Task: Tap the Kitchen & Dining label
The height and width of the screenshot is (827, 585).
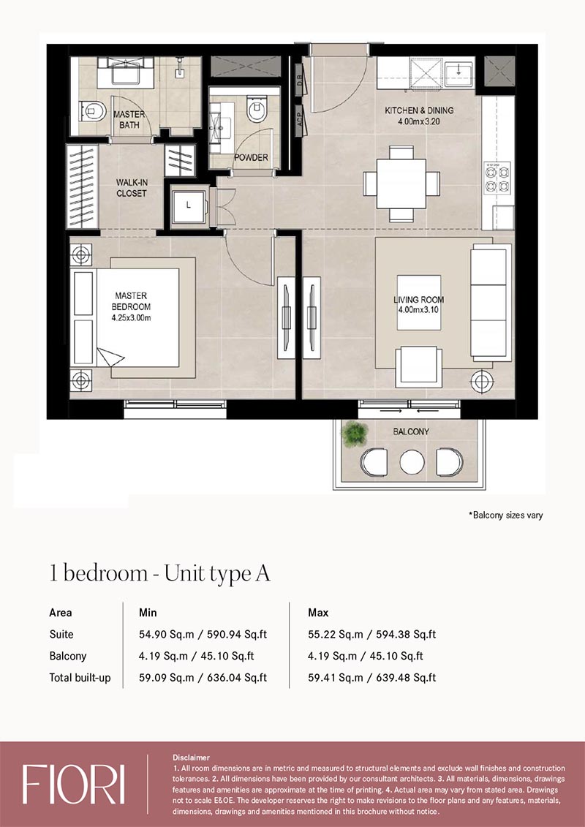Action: coord(420,111)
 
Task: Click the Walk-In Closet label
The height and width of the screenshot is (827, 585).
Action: coord(132,188)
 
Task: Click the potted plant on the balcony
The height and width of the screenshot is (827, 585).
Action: coord(355,435)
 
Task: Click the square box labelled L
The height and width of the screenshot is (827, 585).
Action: coord(189,205)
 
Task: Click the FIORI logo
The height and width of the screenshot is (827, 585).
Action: coord(73,785)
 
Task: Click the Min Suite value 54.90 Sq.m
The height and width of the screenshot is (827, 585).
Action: coord(162,635)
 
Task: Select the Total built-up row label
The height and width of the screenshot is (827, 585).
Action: coord(80,678)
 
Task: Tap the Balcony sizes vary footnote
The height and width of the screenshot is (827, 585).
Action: coord(506,516)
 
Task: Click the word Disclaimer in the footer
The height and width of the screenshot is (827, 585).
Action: coord(191,758)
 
